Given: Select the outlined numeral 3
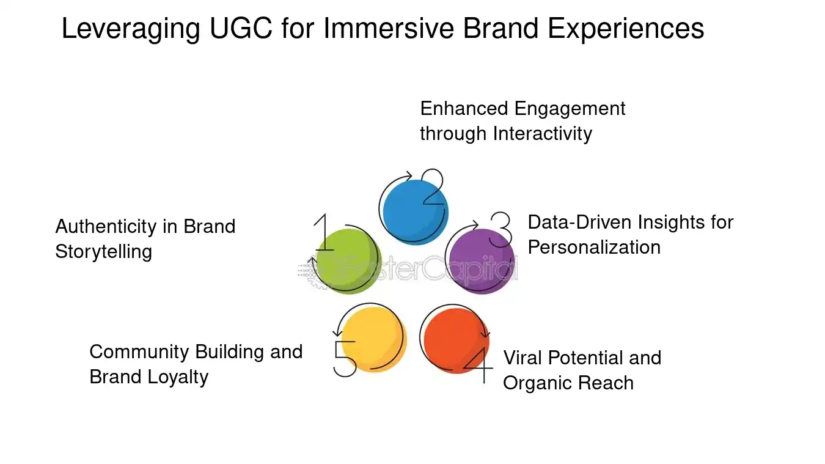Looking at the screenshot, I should [x=501, y=229].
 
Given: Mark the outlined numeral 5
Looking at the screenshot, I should [x=345, y=359].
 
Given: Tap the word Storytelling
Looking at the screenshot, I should [x=103, y=252].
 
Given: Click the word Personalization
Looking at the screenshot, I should [x=594, y=247].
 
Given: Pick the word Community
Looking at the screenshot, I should [x=139, y=352].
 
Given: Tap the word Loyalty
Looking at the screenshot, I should [x=179, y=377].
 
